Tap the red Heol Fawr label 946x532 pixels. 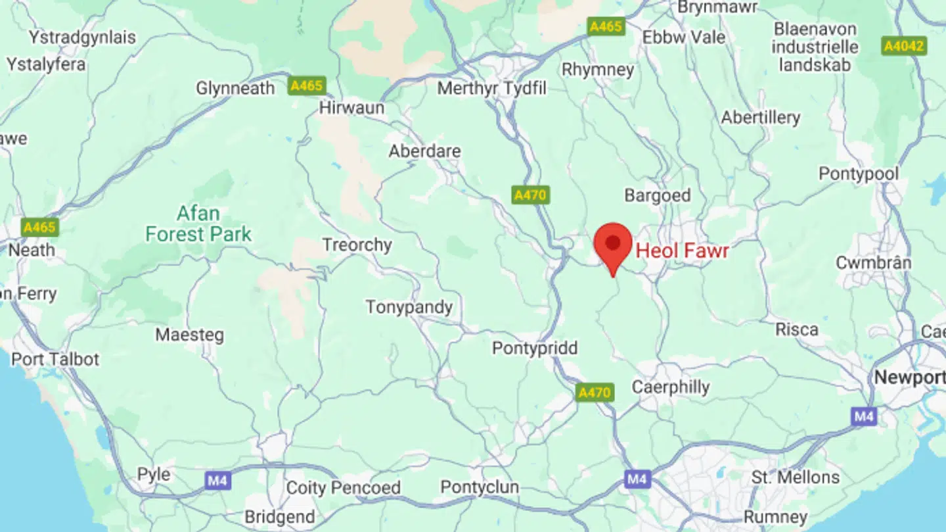683,251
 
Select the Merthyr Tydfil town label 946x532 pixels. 491,88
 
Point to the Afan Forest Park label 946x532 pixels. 198,224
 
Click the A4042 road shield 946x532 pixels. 904,46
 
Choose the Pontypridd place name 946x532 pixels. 535,348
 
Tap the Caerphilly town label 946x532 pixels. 670,387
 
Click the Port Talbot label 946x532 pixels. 55,360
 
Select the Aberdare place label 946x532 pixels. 424,151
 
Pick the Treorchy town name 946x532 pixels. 357,245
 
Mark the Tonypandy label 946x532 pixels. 409,307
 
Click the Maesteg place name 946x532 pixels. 189,335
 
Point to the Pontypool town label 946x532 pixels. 858,174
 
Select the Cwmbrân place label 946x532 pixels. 873,263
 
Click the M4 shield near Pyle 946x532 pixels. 217,481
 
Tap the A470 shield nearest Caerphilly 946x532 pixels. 595,393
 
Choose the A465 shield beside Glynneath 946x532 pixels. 306,86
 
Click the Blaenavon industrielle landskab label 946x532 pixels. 815,47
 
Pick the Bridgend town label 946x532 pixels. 279,517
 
